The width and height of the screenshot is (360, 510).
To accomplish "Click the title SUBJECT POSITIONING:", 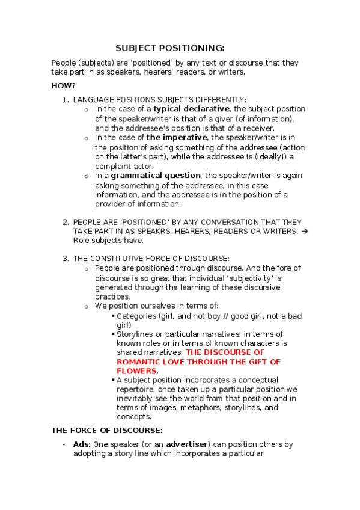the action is click(169, 48).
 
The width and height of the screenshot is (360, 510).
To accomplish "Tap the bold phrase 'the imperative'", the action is click(176, 137).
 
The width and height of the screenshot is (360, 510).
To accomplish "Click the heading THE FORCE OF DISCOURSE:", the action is click(106, 431).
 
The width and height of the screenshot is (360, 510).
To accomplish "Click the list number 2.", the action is click(66, 222).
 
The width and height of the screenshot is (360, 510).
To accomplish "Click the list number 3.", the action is click(66, 259).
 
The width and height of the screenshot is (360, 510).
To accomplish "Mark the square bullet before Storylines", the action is click(112, 334).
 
